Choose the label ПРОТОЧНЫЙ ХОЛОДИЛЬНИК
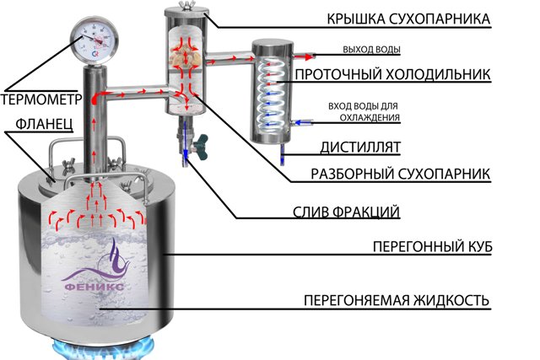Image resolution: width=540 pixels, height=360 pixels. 392,74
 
